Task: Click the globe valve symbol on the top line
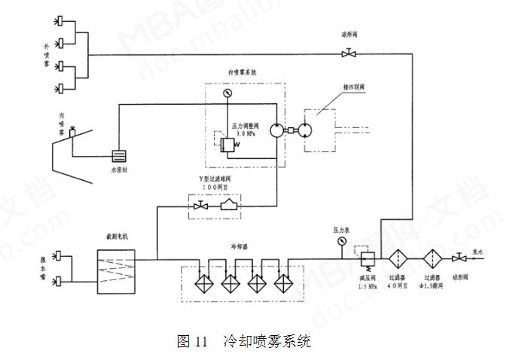click(349, 53)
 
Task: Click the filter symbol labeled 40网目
click(398, 258)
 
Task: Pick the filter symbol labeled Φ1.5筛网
click(433, 258)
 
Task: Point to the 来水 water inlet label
click(478, 253)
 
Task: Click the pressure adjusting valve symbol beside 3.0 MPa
click(226, 144)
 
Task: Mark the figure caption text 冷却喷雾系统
click(267, 341)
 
